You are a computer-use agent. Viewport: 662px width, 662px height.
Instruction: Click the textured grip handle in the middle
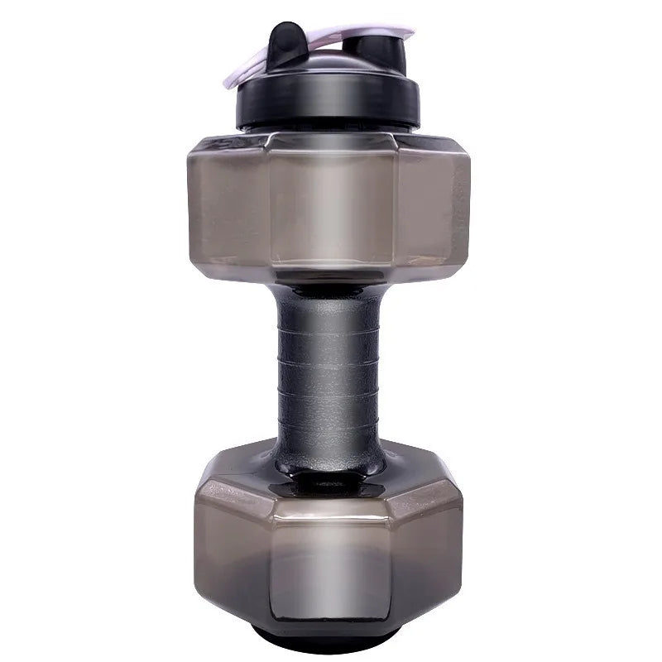coord(329,372)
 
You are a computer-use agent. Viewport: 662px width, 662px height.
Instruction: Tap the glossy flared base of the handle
coord(329,459)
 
